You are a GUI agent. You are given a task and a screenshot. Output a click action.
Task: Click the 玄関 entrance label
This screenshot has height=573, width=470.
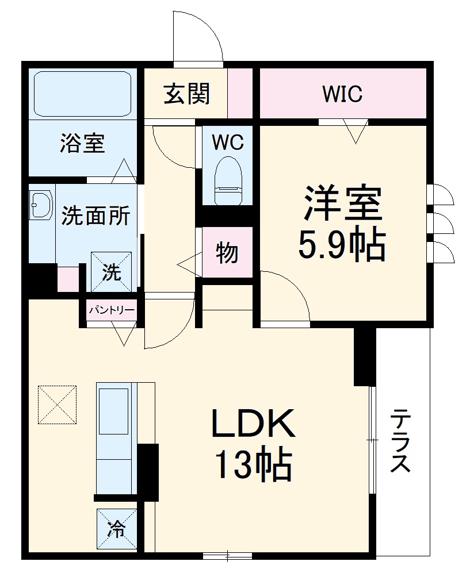click(186, 94)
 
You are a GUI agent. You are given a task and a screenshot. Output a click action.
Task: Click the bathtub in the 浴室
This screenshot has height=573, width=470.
click(83, 94)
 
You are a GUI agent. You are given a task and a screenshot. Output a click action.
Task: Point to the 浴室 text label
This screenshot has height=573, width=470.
click(82, 143)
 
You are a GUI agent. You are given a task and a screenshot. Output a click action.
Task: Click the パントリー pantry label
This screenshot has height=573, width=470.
click(112, 311)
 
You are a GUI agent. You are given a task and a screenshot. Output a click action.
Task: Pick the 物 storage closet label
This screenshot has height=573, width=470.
click(227, 252)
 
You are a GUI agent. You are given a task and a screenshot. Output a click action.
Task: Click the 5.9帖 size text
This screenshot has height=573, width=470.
click(341, 246)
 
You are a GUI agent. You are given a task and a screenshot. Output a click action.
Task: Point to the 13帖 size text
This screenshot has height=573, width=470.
click(253, 465)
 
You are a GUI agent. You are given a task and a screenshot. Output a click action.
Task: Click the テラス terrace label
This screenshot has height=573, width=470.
click(400, 441)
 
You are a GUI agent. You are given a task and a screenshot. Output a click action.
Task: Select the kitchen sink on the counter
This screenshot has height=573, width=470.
click(113, 412)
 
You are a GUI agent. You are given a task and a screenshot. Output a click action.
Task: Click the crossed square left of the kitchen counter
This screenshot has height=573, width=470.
click(58, 405)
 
